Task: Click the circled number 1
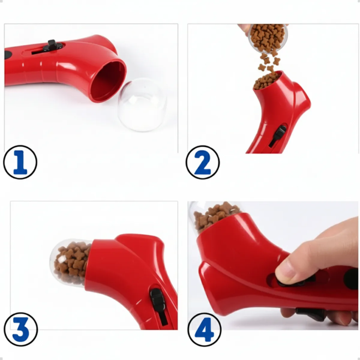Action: click(20, 162)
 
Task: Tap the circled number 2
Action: click(203, 162)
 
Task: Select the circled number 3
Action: click(21, 329)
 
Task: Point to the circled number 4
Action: click(205, 330)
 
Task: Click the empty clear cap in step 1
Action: click(142, 104)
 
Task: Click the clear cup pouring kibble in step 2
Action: click(268, 38)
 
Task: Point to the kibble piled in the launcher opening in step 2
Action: click(266, 81)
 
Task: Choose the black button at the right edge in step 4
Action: click(351, 279)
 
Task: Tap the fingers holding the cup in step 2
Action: click(245, 29)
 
